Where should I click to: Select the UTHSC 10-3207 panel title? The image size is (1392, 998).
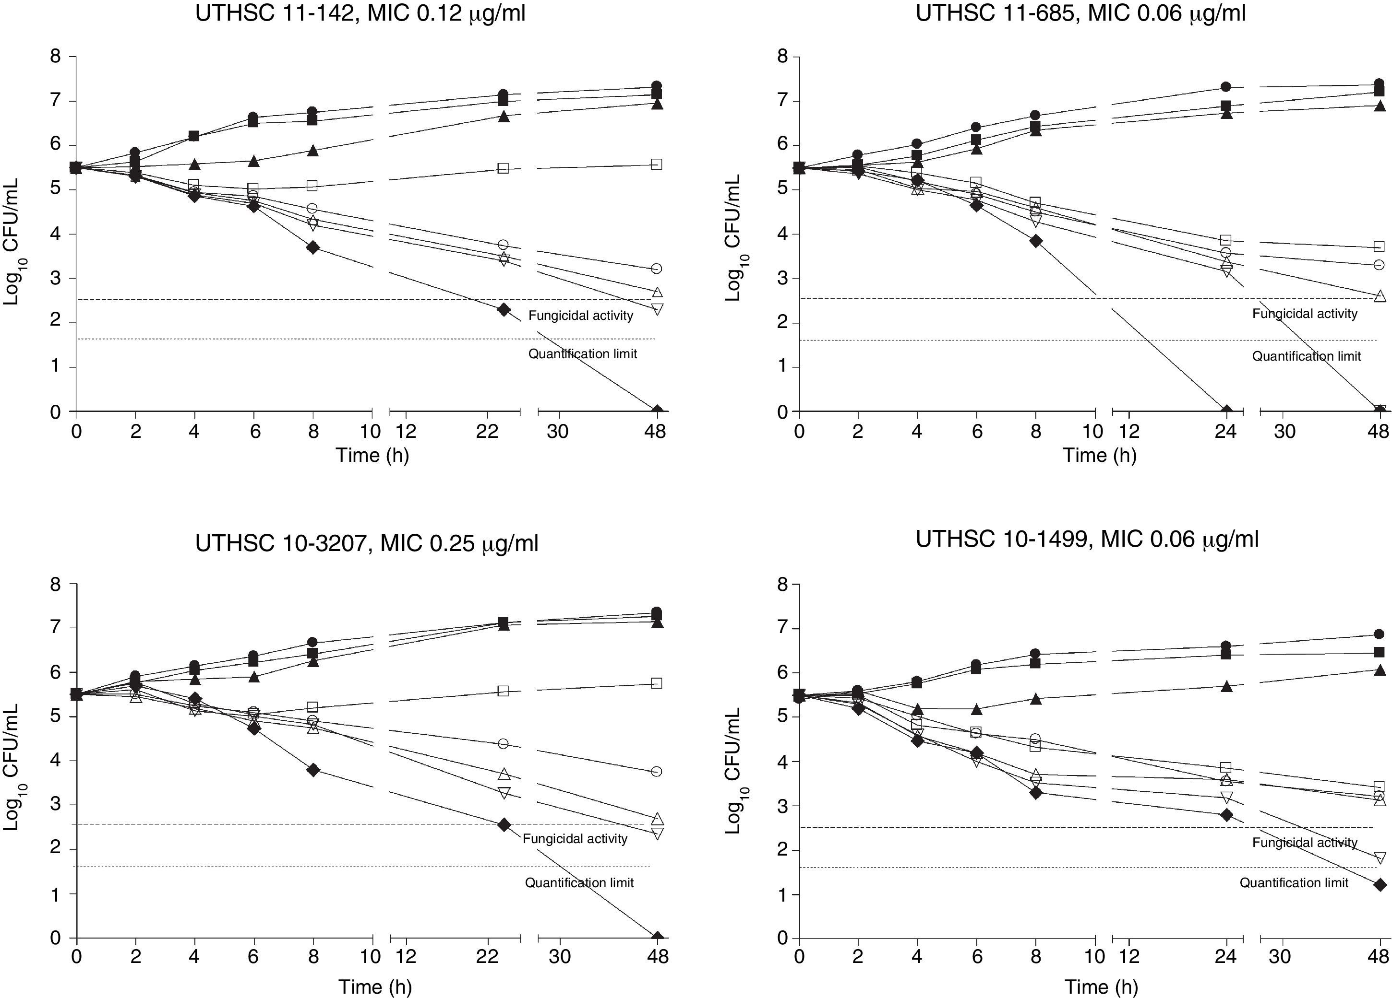[366, 543]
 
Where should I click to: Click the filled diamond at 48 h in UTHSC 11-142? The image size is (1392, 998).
[657, 411]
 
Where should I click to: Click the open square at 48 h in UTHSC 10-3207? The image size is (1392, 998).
[656, 683]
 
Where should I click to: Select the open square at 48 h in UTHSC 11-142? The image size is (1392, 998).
[656, 164]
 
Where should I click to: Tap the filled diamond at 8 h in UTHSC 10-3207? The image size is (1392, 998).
[313, 770]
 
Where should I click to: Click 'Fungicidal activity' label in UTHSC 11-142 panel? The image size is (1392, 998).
[581, 316]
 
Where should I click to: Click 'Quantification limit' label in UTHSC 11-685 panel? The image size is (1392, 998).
[1306, 356]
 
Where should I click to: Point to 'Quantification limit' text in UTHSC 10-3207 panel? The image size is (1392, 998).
[579, 883]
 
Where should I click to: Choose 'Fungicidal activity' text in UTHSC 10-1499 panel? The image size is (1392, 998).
[1304, 843]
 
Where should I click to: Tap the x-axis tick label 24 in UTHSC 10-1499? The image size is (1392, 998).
[1225, 956]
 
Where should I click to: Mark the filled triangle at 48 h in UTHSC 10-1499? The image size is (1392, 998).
[1379, 688]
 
